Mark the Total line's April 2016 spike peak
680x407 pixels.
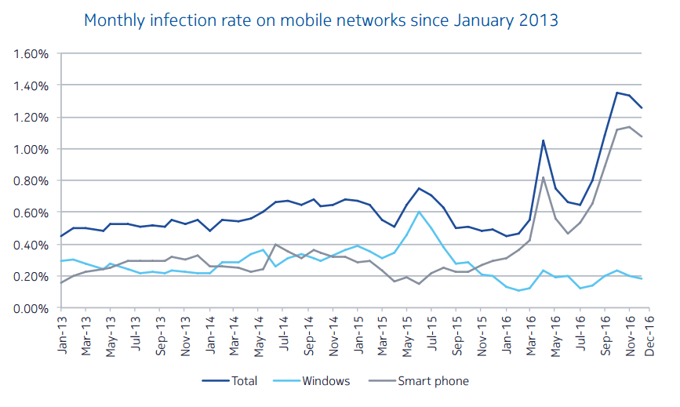(x=543, y=141)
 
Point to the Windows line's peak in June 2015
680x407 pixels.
(x=420, y=212)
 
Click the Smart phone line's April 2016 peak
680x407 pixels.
(x=543, y=177)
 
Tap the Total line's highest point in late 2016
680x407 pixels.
(x=616, y=93)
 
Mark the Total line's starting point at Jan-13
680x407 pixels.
(x=61, y=236)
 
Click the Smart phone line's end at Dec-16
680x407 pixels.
(x=642, y=136)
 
